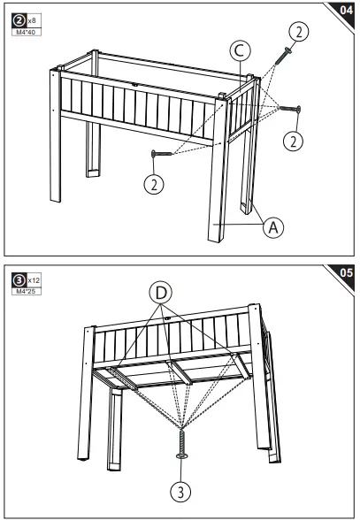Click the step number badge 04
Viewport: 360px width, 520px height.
tap(342, 11)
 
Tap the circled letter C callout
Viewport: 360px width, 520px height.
tap(238, 50)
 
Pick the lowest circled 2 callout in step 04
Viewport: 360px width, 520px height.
tap(155, 186)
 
